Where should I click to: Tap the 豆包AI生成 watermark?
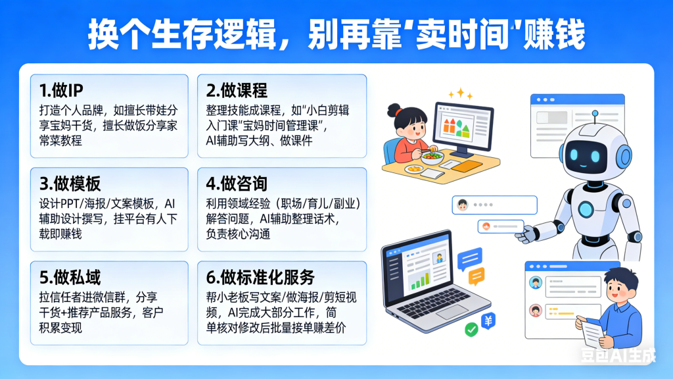(618, 356)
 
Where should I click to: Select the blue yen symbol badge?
(489, 320)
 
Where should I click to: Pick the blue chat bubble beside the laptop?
(470, 257)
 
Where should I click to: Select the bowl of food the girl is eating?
(431, 156)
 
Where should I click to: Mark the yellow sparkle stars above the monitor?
(463, 94)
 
